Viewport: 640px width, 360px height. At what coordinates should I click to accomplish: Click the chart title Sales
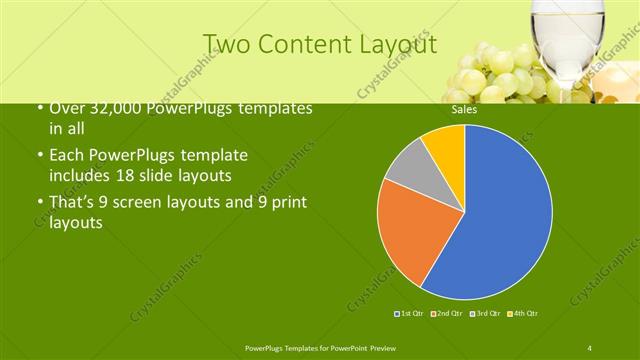463,110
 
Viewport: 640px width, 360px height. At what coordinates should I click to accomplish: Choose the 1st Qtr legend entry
408,314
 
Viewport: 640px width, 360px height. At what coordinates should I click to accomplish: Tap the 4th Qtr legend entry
523,314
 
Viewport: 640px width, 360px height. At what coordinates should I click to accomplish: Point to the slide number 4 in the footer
590,347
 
